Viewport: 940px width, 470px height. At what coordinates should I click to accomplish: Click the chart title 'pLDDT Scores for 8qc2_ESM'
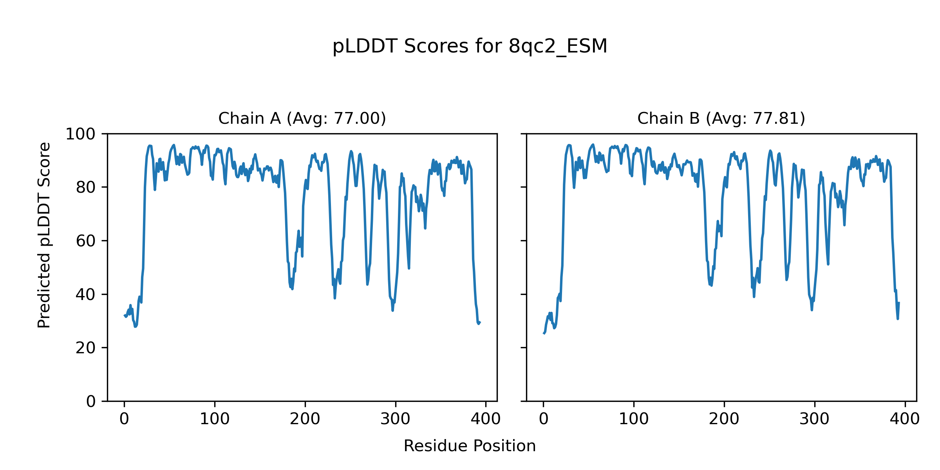pos(470,47)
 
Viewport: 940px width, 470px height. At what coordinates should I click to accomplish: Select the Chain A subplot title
pos(302,118)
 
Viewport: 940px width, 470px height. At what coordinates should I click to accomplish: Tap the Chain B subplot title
pos(721,118)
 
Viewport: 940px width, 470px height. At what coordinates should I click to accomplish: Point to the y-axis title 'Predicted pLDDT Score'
pos(44,235)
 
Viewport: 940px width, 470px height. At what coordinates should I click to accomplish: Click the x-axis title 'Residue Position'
pos(470,446)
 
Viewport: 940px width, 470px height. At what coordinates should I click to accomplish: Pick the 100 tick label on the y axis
pos(80,134)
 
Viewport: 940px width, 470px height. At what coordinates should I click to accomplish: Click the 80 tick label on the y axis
pos(86,188)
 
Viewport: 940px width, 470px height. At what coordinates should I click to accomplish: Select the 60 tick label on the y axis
pos(86,241)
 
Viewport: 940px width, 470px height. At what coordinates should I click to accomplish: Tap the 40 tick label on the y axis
pos(86,295)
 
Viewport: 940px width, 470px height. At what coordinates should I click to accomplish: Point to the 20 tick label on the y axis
pos(86,348)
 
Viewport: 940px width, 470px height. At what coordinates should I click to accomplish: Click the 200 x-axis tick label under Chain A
pos(305,419)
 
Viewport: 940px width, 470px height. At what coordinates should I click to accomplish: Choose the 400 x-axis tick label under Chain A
pos(486,419)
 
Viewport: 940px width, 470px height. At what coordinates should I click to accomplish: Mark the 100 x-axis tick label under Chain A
pos(215,419)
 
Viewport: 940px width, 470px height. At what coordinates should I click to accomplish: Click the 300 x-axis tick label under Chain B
pos(815,419)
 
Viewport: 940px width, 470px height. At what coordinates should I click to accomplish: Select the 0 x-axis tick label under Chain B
pos(544,419)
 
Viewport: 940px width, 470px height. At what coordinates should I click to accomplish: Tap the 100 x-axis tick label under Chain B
pos(634,419)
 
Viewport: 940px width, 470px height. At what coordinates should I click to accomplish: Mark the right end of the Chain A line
pos(480,322)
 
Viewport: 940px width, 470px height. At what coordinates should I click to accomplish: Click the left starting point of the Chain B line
pos(544,333)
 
